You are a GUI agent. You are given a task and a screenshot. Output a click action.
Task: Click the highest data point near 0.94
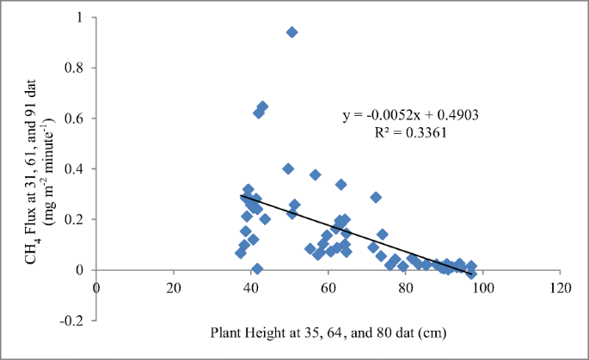(291, 32)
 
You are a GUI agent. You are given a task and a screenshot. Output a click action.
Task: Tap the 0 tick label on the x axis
(96, 286)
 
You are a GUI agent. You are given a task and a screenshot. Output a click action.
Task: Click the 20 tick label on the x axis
(174, 286)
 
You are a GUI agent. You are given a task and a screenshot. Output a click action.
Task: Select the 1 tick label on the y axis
(79, 17)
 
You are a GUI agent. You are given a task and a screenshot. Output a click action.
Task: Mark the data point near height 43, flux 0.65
(262, 107)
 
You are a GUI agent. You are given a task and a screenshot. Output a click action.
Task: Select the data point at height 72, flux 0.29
(376, 197)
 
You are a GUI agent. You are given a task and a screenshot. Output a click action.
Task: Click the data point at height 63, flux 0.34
(341, 184)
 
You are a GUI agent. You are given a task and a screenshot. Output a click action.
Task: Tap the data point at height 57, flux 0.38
(316, 174)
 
